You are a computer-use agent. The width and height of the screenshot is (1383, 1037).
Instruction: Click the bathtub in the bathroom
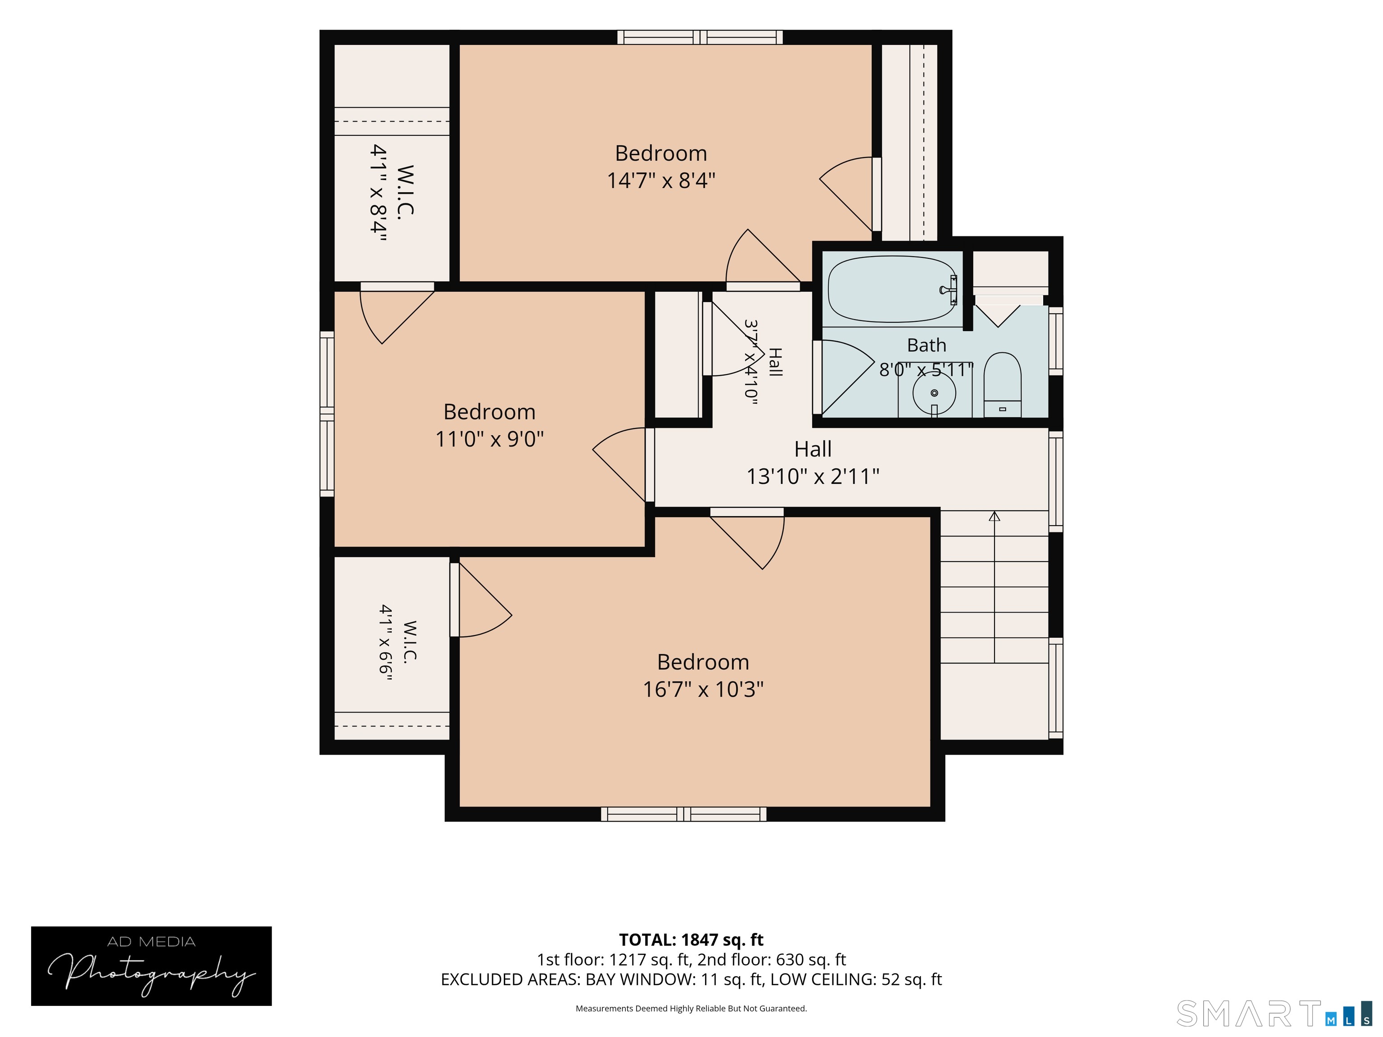892,289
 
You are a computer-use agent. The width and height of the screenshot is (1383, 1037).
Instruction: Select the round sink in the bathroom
934,394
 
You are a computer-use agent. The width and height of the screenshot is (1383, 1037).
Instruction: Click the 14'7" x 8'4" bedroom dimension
661,180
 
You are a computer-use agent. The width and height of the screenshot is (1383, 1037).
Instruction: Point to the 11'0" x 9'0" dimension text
489,439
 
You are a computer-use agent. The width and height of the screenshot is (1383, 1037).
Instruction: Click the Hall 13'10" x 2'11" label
813,463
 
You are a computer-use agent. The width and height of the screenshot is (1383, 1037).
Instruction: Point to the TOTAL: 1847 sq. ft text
691,939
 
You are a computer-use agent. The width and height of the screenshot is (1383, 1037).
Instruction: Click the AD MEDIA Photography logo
151,966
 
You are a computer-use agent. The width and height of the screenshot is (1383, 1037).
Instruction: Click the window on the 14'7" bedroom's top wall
700,37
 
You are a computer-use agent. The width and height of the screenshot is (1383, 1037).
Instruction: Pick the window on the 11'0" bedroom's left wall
327,414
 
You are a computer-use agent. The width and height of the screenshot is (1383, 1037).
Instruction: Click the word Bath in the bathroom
927,345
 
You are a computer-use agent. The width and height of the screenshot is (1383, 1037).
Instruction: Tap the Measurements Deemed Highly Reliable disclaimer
691,1008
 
